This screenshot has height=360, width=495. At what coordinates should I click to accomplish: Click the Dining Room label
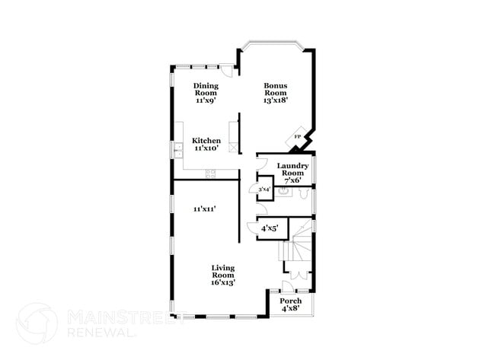tap(206, 89)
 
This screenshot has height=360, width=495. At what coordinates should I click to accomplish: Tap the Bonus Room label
tap(276, 89)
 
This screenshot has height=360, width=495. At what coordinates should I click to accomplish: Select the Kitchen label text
tap(206, 140)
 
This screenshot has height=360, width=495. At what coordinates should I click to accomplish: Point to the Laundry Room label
tap(292, 170)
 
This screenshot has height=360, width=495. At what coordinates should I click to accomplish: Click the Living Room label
tap(222, 272)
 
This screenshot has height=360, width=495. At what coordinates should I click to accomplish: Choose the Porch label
tap(291, 301)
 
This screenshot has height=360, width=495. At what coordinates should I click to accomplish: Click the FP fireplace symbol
tap(299, 137)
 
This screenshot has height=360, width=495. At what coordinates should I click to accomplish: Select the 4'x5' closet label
tap(270, 228)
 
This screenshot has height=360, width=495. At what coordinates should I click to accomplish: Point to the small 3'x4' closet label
tap(264, 189)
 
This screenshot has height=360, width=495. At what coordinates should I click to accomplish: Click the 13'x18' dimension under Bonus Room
tap(276, 99)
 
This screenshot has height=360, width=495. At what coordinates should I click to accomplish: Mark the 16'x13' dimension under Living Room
tap(222, 282)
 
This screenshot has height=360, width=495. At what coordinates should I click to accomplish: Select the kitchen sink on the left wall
tap(177, 151)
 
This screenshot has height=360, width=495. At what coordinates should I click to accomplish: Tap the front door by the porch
tap(288, 286)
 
